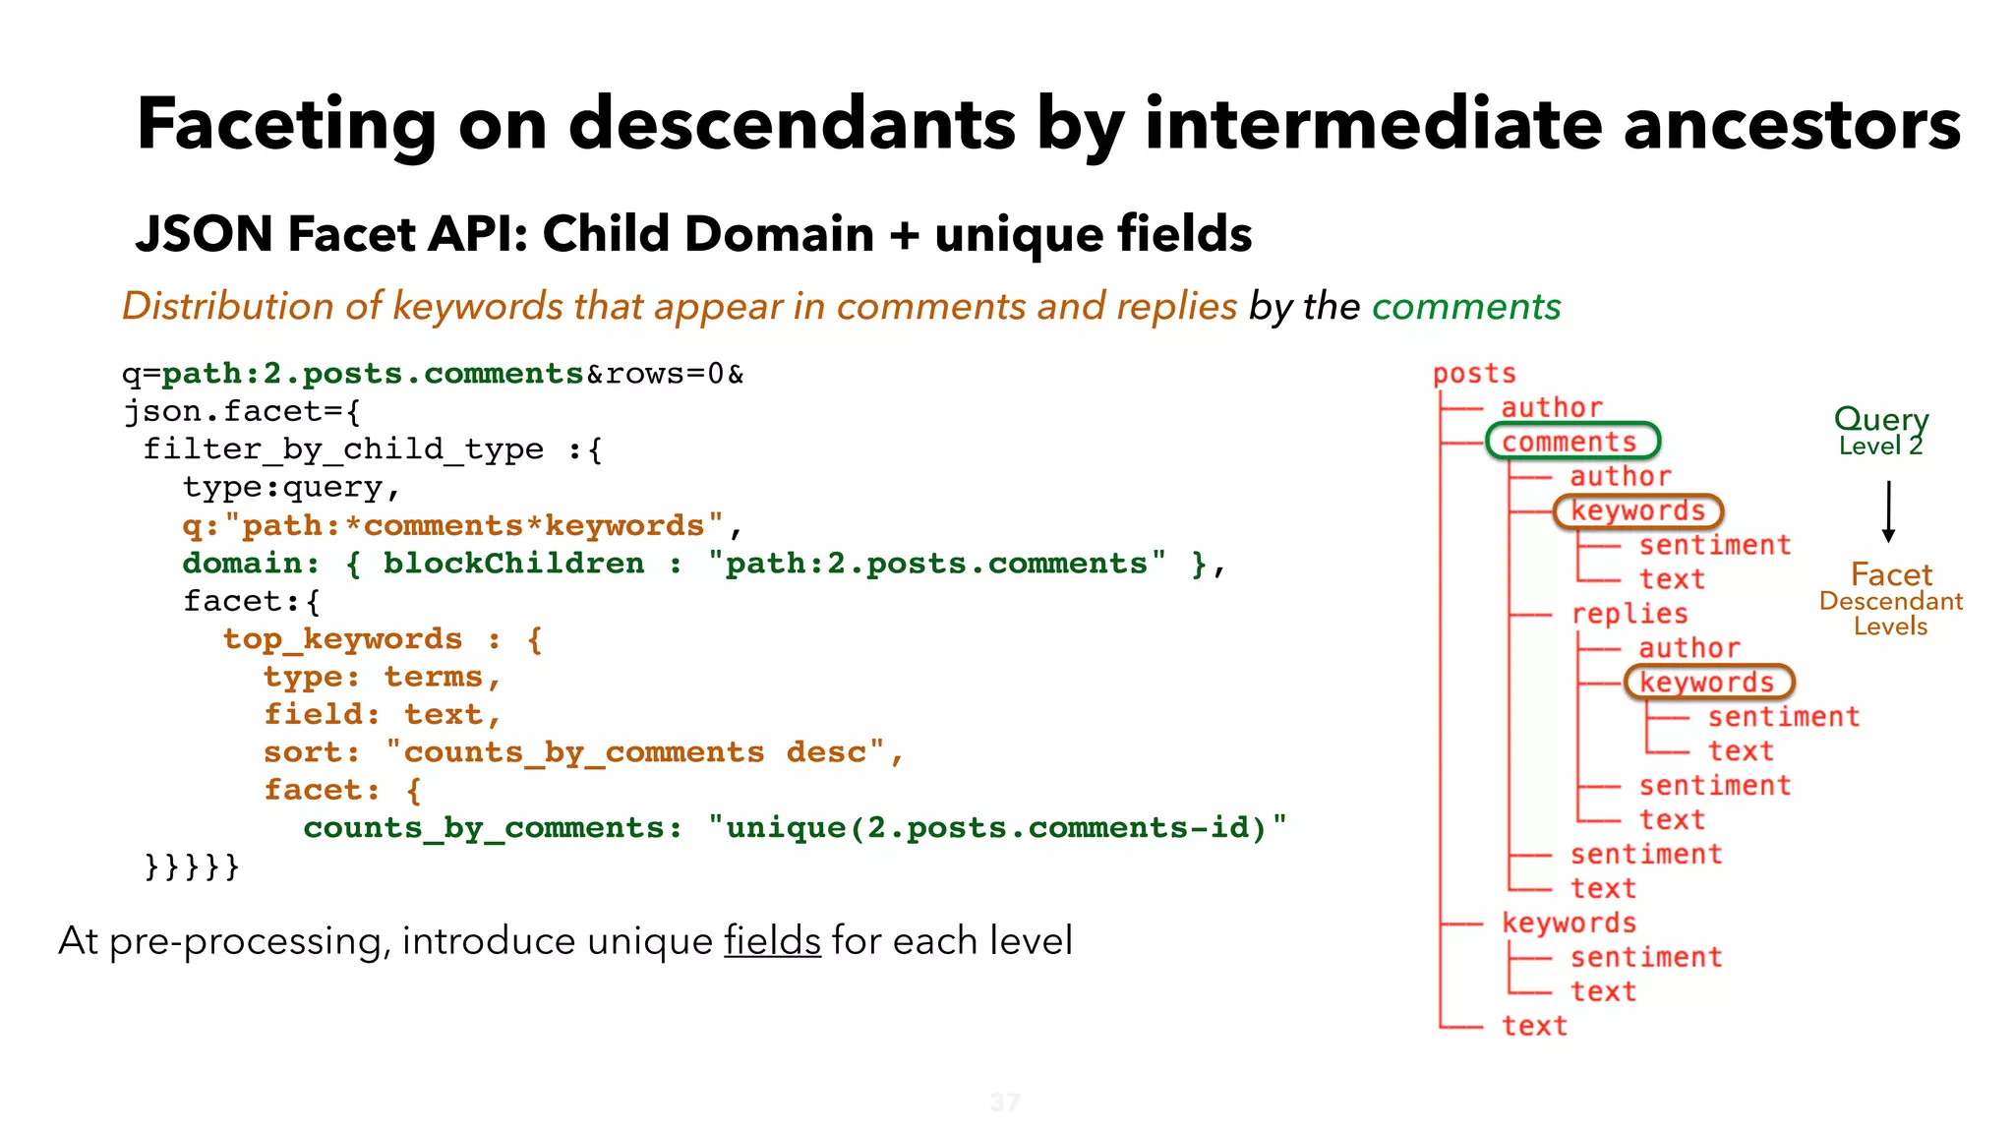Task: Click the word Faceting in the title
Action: tap(285, 125)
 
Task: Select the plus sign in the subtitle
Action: tap(903, 235)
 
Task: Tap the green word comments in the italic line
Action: tap(1465, 307)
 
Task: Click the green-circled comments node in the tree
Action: tap(1571, 442)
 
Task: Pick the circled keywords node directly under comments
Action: tap(1637, 511)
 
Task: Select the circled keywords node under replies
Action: tap(1708, 683)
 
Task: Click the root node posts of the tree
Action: tap(1473, 374)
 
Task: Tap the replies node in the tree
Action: tap(1629, 614)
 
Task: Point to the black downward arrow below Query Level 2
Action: tap(1888, 511)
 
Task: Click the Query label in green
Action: tap(1880, 419)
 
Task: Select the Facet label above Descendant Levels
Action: tap(1890, 574)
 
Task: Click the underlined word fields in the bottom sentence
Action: tap(772, 941)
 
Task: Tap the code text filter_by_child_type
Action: tap(343, 449)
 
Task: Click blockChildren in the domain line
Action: tap(513, 564)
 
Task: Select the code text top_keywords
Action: tap(342, 639)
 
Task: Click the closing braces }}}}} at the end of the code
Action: tap(192, 866)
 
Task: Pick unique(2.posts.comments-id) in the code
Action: tap(995, 828)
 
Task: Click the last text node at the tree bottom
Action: tap(1533, 1026)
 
